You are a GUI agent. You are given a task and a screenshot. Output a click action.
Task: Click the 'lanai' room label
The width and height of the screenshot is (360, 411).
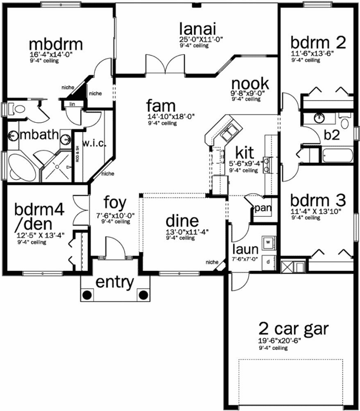pos(197,29)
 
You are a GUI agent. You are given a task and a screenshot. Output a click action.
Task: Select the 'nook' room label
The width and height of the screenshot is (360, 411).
pos(250,84)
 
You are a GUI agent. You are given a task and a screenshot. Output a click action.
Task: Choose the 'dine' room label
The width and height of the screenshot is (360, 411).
pos(182,221)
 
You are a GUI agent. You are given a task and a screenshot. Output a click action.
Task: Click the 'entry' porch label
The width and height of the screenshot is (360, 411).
pos(115,282)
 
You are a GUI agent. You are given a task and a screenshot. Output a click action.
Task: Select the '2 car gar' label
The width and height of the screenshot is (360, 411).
pos(294,328)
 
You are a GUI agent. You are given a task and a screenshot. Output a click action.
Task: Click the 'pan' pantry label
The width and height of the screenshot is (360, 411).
pos(263,208)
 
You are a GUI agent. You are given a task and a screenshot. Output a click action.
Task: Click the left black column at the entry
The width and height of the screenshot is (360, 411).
pos(87,295)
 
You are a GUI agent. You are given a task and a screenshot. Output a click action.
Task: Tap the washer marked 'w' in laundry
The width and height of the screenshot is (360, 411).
pos(268,240)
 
